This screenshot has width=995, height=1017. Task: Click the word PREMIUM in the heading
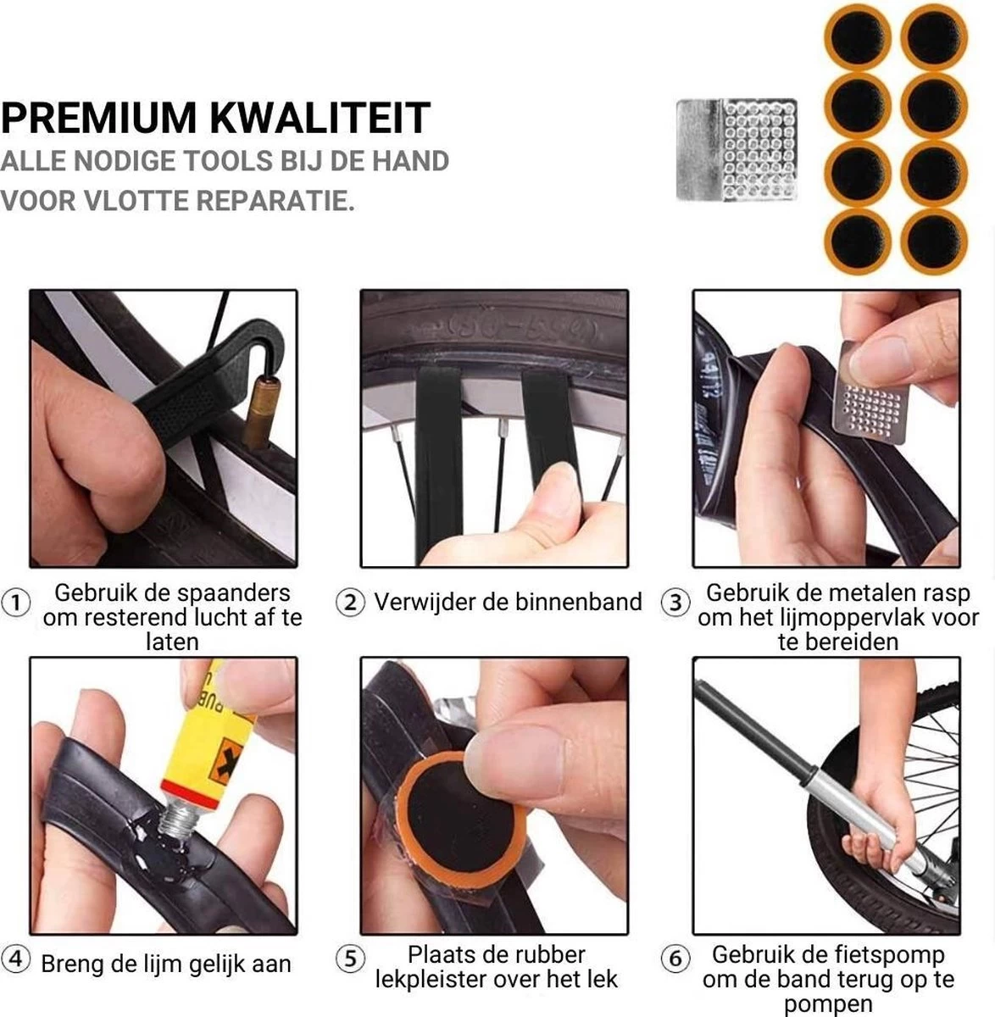coord(100,118)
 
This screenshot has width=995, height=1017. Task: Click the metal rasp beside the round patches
coord(736,150)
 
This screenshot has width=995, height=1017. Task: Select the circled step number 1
coord(16,603)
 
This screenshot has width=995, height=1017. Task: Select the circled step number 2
coord(350,603)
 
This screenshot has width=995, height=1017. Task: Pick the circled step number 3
coord(675,603)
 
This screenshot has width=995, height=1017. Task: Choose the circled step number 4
coord(16,960)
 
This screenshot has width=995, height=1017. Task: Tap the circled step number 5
coord(350,959)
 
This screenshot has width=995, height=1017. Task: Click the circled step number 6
coord(675,959)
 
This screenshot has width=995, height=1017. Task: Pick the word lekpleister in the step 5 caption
coord(429,981)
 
